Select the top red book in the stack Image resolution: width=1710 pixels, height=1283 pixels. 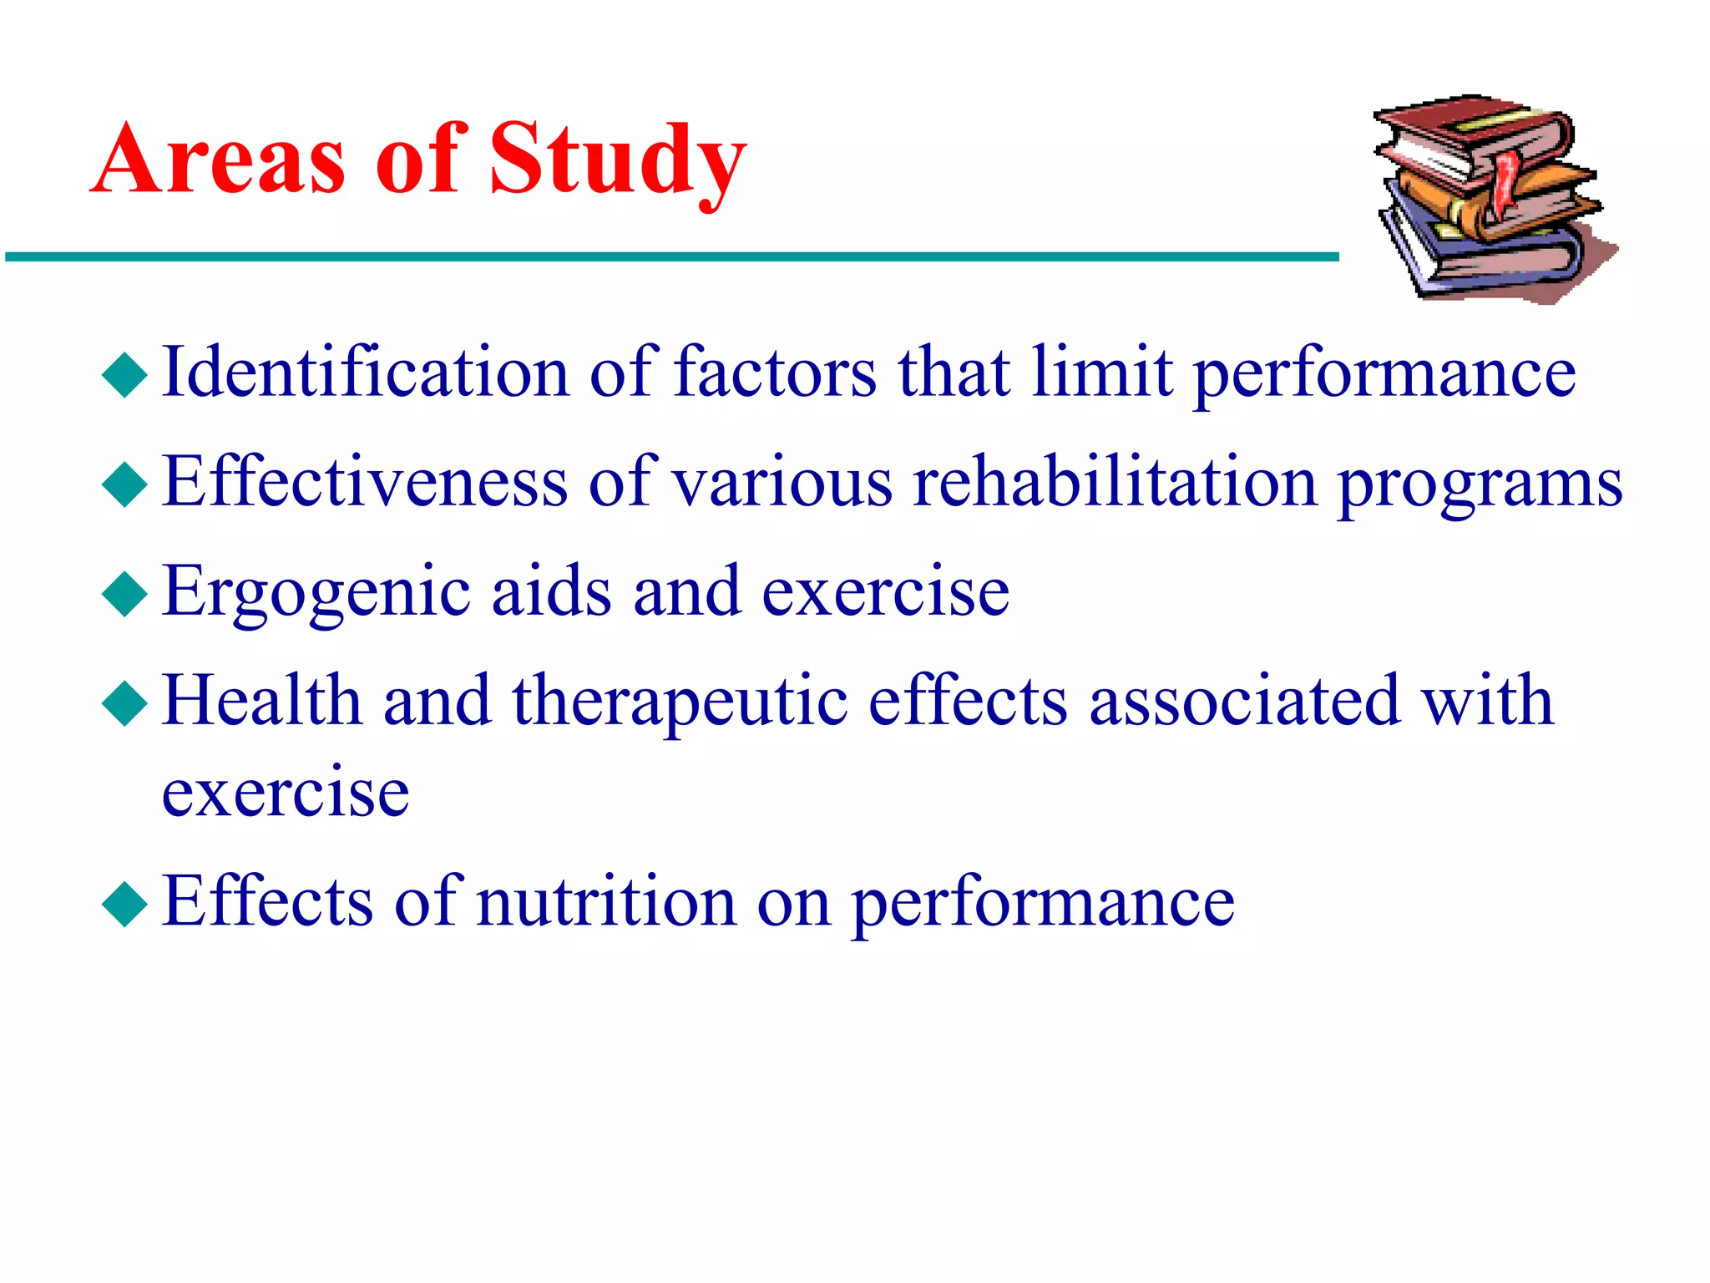1470,134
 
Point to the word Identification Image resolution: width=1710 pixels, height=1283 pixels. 365,372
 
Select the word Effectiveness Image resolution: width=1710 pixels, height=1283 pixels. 365,482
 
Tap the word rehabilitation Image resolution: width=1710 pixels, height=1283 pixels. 1115,482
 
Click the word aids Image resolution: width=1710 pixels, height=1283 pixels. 551,591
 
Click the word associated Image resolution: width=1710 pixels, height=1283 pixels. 1244,702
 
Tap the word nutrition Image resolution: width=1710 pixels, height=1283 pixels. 606,902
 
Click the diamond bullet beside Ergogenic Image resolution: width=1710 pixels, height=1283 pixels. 124,594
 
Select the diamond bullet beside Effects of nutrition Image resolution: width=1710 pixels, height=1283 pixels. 124,904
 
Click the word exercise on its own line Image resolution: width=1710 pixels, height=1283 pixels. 286,792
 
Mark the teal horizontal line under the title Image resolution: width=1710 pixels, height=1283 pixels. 668,257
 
